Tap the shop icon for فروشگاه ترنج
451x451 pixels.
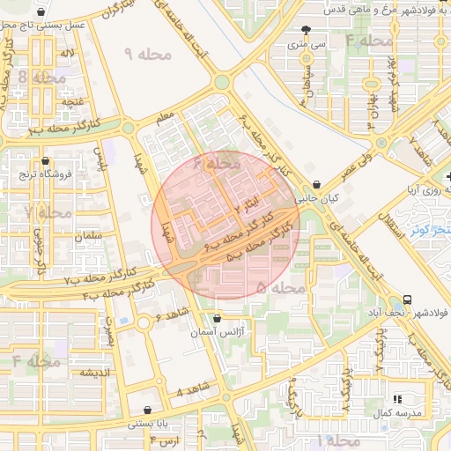coord(45,160)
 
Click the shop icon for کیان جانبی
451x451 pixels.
coord(316,185)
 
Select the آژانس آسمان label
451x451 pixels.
coord(218,334)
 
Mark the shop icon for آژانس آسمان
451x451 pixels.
coord(218,319)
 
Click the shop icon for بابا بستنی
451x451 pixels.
coord(146,410)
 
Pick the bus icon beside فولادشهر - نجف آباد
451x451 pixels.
coord(408,299)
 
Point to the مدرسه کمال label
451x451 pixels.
coord(390,413)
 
